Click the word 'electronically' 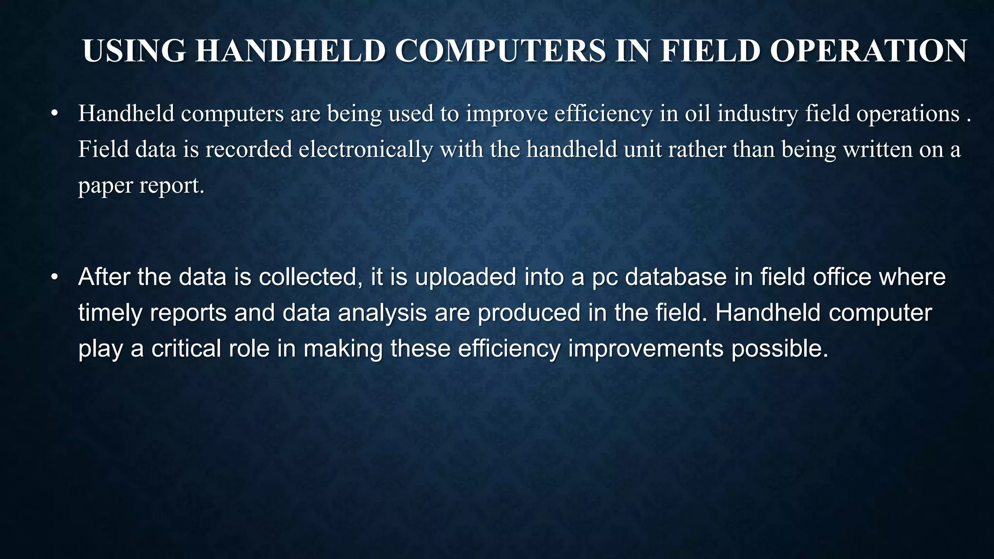click(x=365, y=149)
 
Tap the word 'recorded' click(x=248, y=149)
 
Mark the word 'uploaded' click(x=465, y=277)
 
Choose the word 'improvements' click(x=646, y=348)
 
